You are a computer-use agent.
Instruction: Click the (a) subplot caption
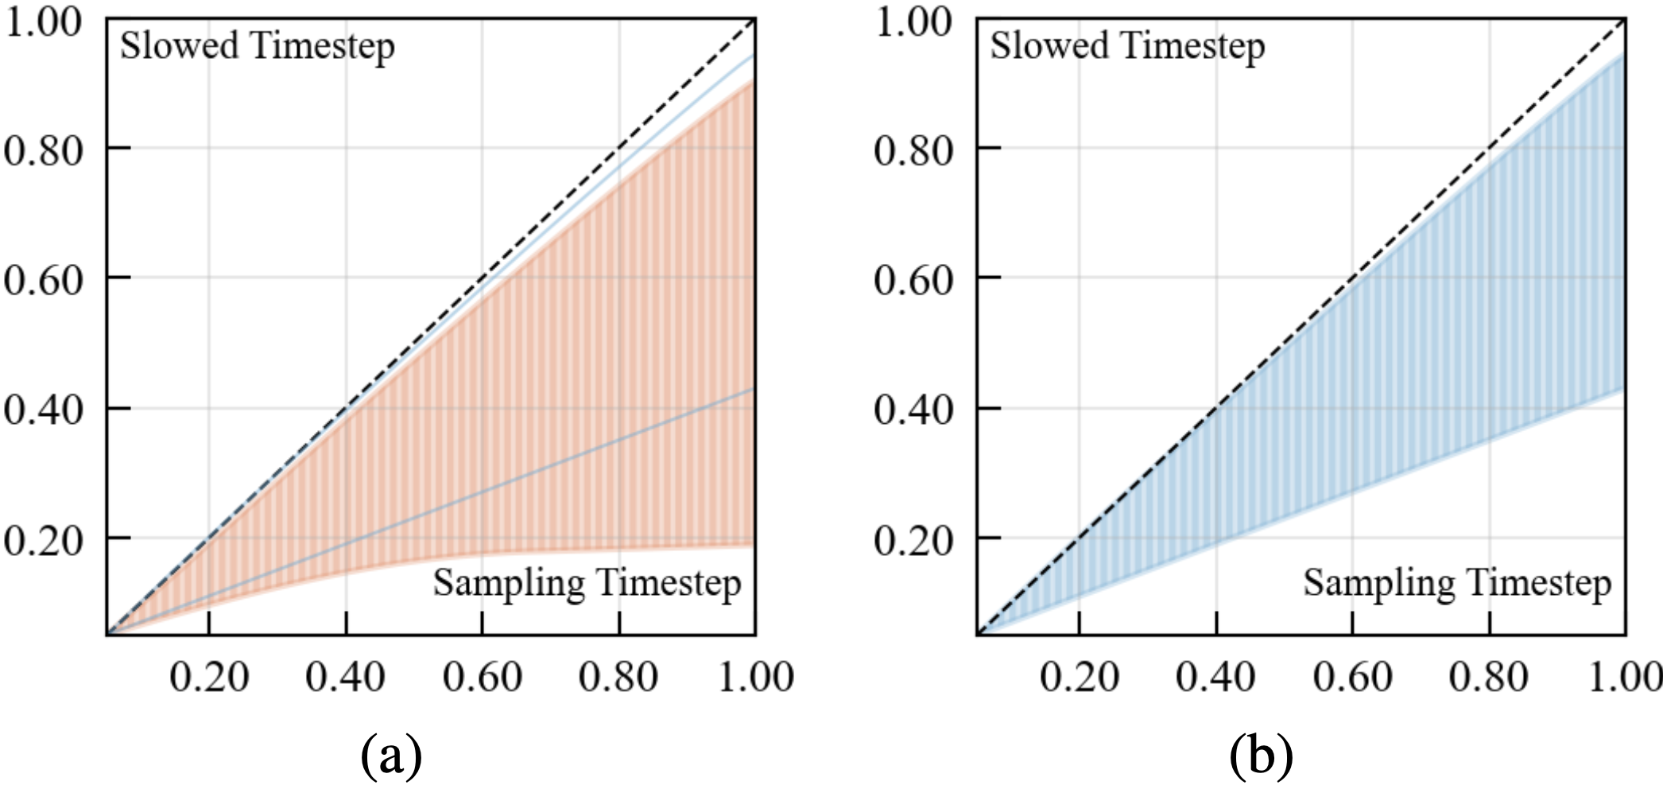pos(390,756)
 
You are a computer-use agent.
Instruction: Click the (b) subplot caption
pos(1261,756)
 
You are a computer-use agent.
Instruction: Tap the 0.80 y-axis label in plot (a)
pos(43,150)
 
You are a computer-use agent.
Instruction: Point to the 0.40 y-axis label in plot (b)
pos(913,410)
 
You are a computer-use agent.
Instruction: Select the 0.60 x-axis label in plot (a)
pos(482,678)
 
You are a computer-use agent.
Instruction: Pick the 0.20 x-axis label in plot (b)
pos(1079,678)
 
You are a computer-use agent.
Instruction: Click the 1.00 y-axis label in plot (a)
pos(43,21)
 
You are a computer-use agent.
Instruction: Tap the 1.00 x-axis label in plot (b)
pos(1623,678)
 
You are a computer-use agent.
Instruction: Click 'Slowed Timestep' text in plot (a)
pos(257,46)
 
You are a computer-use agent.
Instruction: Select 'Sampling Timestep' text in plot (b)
pos(1457,583)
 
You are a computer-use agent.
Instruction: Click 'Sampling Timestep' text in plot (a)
pos(587,583)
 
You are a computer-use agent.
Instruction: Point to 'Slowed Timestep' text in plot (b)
pos(1127,46)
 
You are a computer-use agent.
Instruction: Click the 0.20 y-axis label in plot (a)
pos(43,542)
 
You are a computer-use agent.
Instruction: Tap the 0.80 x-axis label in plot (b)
pos(1488,678)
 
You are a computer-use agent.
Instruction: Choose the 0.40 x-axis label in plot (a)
pos(345,678)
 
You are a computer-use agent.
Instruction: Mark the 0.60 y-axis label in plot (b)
pos(913,281)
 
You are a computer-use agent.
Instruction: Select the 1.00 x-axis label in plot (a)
pos(755,678)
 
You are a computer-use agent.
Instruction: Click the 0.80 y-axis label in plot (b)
pos(913,150)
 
